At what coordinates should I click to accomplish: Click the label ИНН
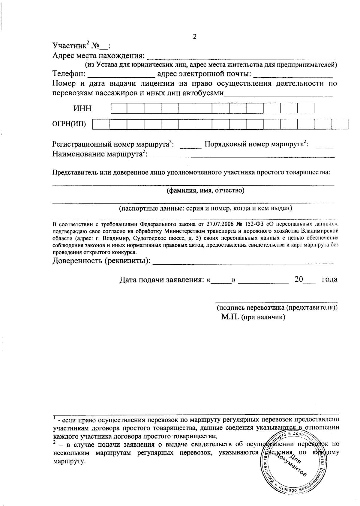[82, 109]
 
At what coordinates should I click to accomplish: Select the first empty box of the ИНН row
[119, 108]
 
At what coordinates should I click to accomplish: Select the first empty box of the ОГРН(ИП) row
[101, 124]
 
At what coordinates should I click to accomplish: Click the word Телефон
[69, 73]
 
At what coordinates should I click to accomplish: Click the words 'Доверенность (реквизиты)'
[101, 261]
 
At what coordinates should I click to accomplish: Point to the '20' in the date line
[299, 279]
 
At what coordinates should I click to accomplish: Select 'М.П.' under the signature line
[230, 317]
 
